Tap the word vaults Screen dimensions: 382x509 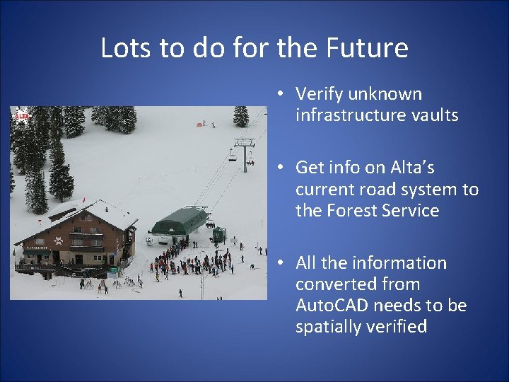[433, 115]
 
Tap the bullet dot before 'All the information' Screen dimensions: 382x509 [281, 263]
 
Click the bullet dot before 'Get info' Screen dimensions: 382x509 [281, 168]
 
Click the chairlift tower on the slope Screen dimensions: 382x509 [245, 152]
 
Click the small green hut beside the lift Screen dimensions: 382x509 [219, 235]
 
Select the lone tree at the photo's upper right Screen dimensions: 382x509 [241, 116]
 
